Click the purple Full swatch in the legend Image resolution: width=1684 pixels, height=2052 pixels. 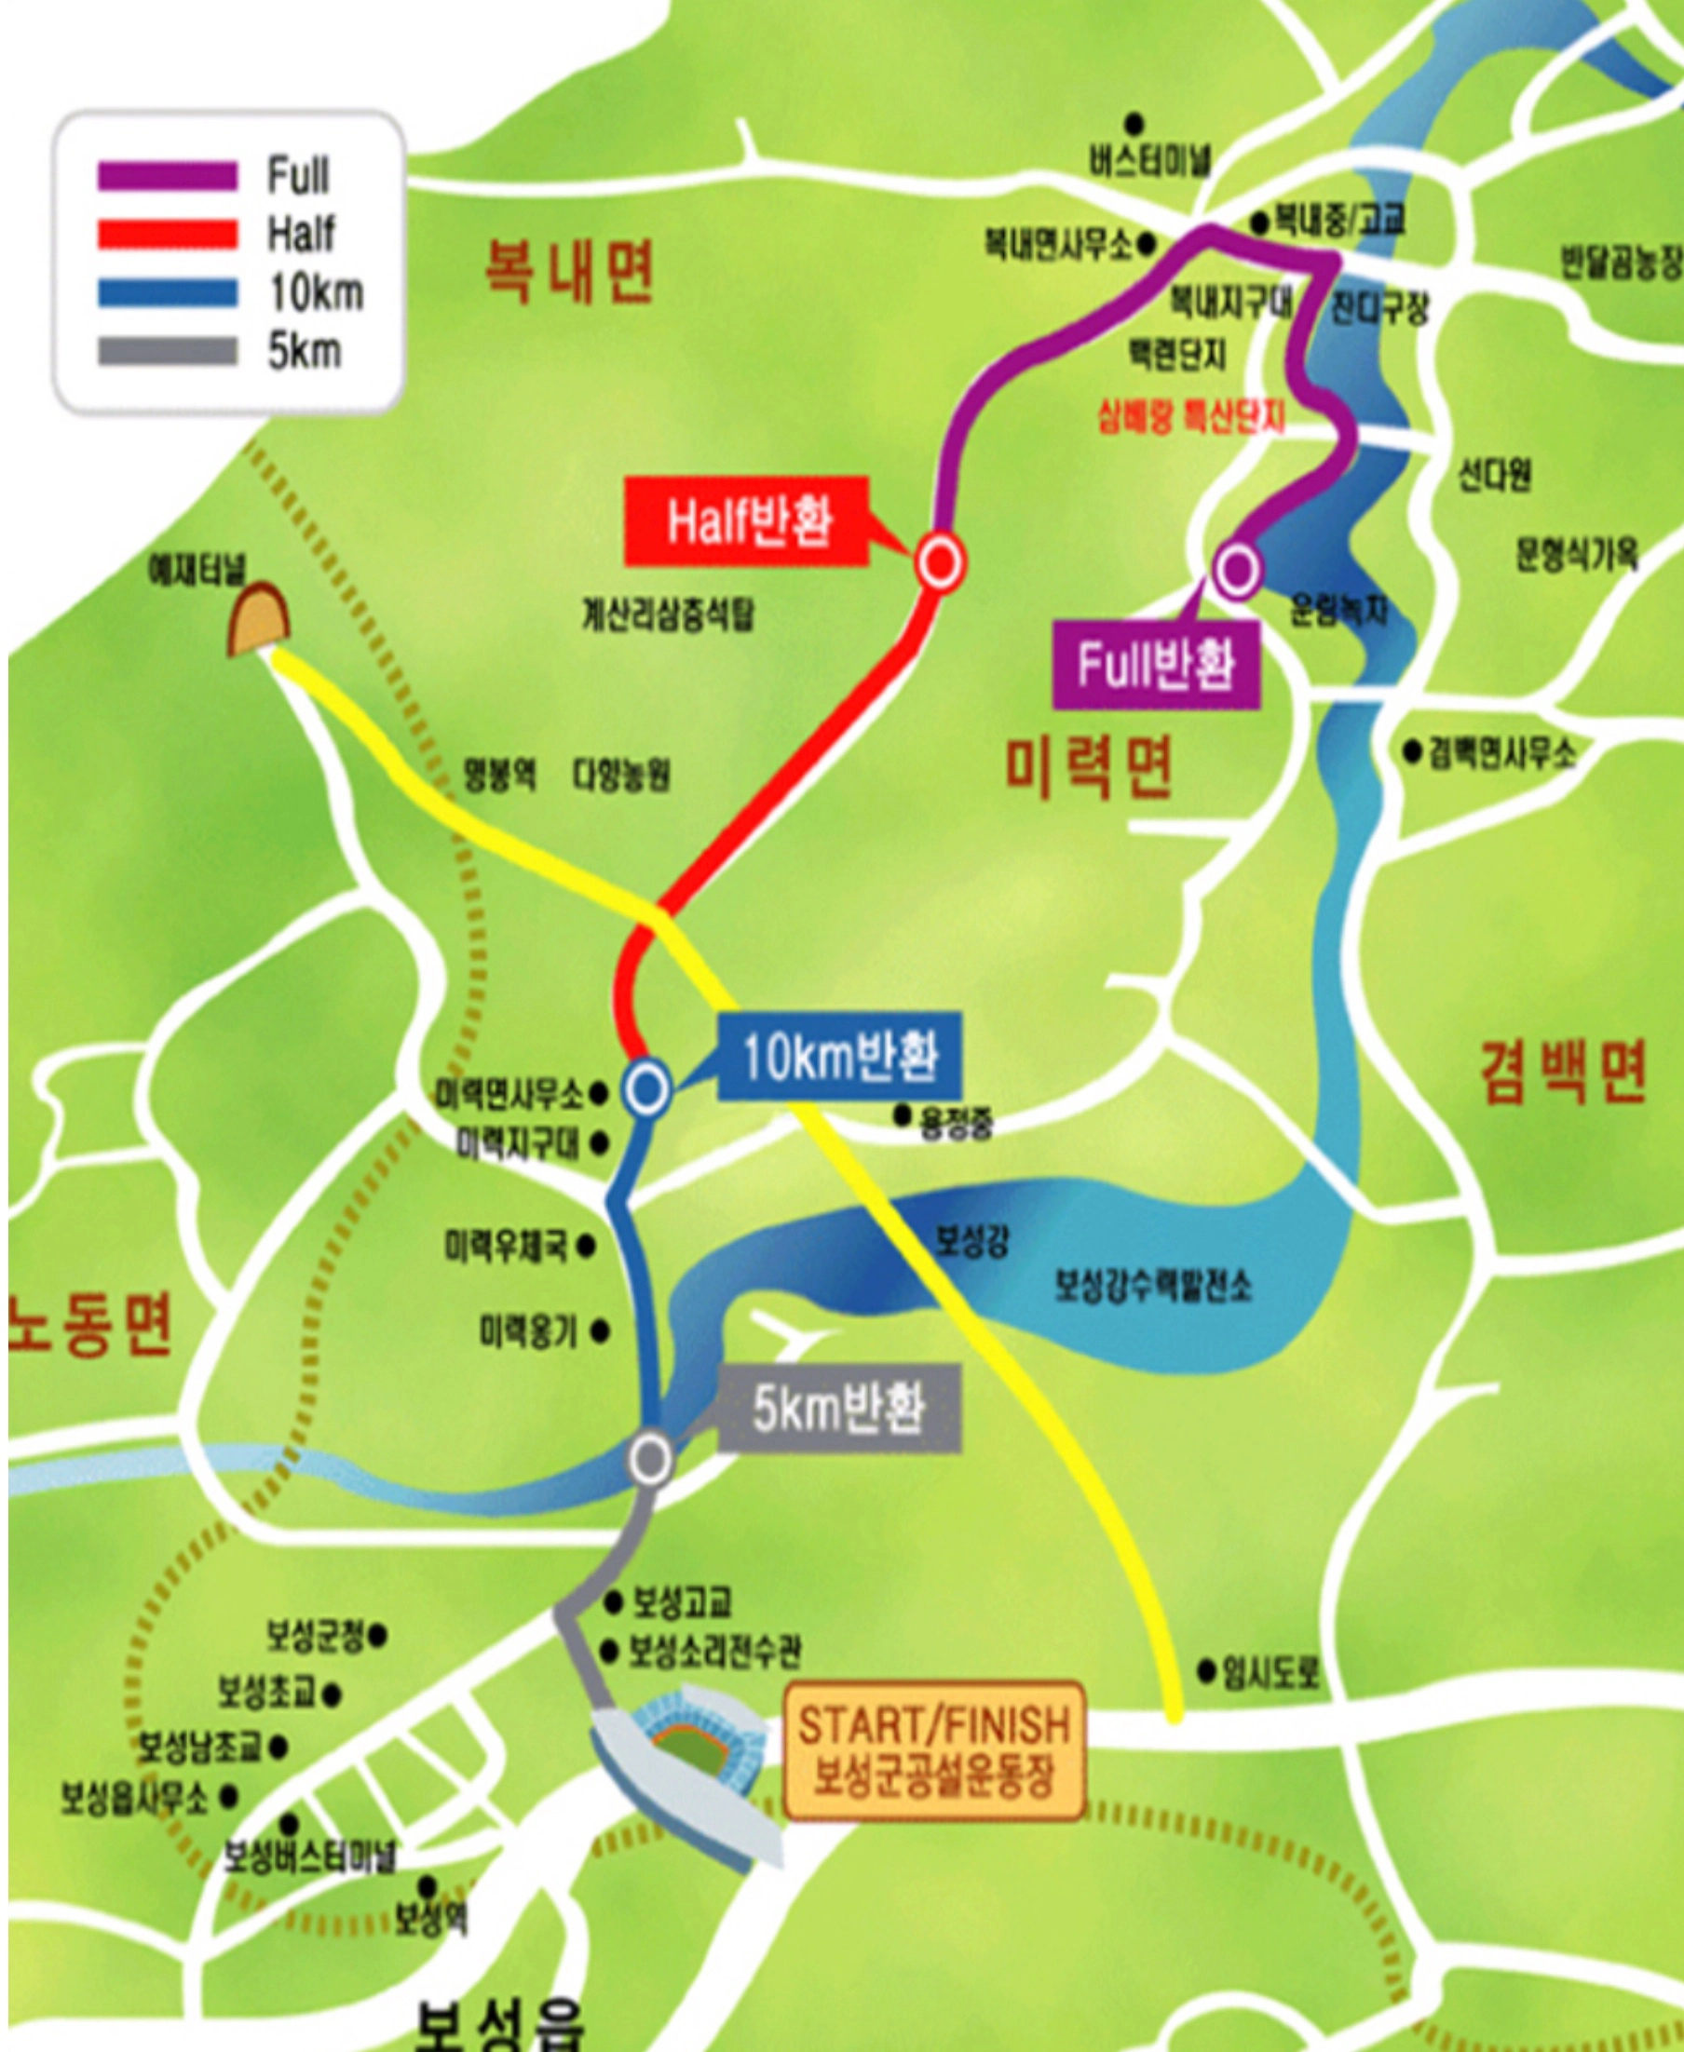point(167,177)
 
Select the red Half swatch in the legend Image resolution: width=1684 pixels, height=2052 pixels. point(167,235)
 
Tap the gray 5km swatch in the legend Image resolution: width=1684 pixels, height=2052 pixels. point(167,351)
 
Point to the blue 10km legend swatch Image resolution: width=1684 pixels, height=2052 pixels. point(167,293)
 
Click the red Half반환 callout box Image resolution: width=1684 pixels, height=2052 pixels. point(746,521)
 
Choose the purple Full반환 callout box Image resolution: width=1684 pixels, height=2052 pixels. point(1155,666)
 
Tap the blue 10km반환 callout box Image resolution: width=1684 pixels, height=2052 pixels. point(839,1056)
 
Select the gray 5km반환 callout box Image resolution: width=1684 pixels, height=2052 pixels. point(839,1407)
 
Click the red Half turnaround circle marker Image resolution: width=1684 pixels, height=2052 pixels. point(940,561)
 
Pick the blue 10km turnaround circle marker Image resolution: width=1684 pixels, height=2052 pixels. point(647,1089)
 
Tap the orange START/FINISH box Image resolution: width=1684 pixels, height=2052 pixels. point(933,1749)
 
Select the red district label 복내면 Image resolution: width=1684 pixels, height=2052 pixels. point(569,273)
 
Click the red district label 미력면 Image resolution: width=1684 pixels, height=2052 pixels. point(1087,767)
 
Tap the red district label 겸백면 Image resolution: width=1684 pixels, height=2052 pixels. point(1564,1073)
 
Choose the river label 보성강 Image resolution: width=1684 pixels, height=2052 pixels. point(971,1240)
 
